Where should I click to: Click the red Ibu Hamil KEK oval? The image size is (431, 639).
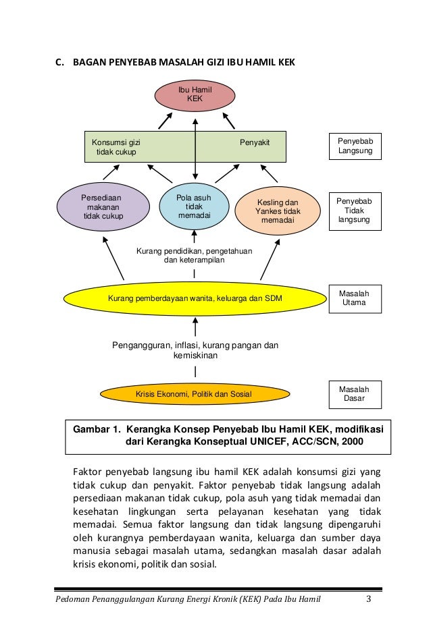(x=195, y=95)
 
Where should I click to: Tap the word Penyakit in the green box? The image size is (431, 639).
(x=255, y=143)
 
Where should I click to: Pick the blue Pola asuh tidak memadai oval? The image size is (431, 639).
(x=194, y=206)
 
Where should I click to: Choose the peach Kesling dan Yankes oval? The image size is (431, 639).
(x=277, y=211)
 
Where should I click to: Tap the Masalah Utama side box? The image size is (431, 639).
(x=355, y=298)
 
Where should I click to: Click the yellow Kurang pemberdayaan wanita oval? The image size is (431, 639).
(x=195, y=298)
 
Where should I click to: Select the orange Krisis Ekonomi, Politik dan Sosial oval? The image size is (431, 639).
(x=195, y=393)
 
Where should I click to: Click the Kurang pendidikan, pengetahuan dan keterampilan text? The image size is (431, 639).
(x=195, y=256)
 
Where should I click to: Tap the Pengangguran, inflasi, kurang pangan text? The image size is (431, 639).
(x=195, y=350)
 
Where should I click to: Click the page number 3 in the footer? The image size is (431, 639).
(x=368, y=599)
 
